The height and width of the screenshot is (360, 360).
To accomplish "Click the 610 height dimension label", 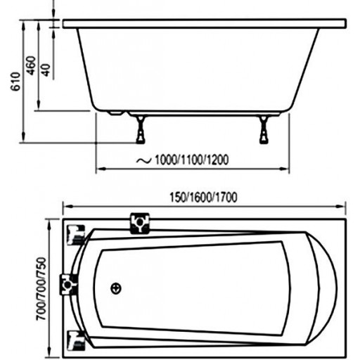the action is tap(16, 82).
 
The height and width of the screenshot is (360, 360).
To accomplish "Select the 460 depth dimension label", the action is tap(32, 65).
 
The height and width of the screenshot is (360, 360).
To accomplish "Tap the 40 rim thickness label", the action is tap(46, 70).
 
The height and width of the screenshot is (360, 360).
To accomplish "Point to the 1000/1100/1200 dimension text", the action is tap(191, 160).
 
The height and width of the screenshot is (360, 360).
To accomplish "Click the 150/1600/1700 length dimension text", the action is tap(203, 198).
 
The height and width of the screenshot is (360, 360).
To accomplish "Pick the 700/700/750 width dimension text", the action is tap(41, 289).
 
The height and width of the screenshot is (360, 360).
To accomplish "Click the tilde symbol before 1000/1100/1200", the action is tap(143, 160).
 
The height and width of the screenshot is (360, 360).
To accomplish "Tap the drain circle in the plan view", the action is tap(116, 288).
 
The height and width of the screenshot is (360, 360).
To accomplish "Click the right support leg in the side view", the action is tap(264, 129).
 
